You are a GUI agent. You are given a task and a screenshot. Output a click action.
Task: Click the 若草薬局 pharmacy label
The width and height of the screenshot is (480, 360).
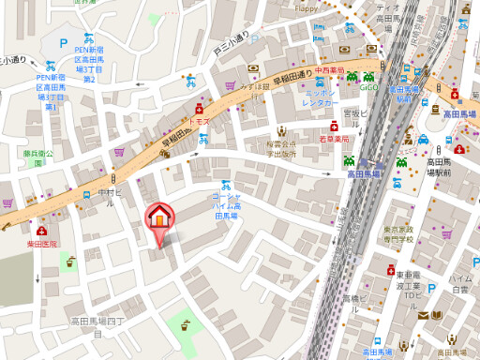[x=334, y=139]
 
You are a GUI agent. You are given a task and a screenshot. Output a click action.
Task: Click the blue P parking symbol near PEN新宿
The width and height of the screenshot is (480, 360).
[x=63, y=42]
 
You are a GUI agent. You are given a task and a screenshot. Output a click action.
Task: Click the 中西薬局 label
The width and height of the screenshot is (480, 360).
[x=330, y=69]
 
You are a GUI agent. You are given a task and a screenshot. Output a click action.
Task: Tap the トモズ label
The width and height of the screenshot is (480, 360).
[x=199, y=122]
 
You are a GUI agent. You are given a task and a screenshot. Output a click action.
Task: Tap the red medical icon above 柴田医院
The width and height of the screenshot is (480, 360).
[x=41, y=231]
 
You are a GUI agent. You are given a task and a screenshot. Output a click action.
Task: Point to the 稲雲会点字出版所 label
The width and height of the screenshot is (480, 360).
[x=280, y=149]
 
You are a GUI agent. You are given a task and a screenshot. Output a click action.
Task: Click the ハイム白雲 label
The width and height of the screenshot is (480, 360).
[x=459, y=284]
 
